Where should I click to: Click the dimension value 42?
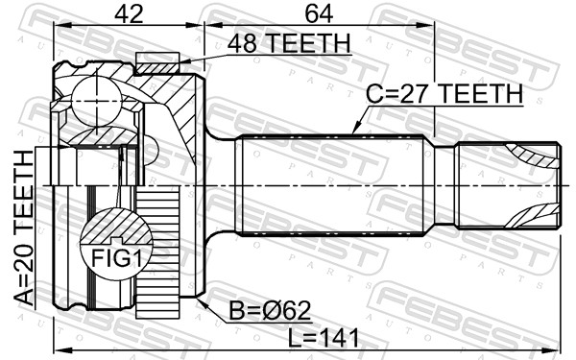pos(129,14)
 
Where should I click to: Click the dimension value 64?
pos(319,14)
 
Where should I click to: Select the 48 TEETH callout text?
pos(289,43)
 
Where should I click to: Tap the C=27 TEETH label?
pos(444,93)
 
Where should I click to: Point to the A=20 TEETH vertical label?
pos(24,228)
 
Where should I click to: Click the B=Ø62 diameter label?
pos(270,311)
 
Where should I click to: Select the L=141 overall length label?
pos(324,338)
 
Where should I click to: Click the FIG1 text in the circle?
pos(116,258)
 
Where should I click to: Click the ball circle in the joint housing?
pos(96,100)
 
